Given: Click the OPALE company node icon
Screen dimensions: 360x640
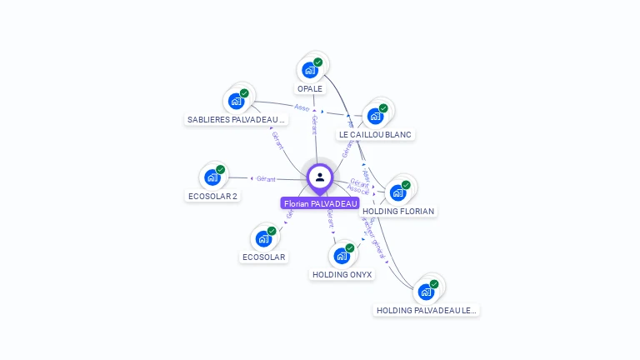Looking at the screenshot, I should pos(309,70).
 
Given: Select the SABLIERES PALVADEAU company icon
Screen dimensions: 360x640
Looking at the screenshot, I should pos(236,102).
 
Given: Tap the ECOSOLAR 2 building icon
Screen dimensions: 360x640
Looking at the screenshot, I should pos(212,177).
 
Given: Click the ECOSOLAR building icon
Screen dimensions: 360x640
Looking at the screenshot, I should pos(263,239).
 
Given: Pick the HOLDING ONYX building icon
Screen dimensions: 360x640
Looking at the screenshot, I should pos(342,256).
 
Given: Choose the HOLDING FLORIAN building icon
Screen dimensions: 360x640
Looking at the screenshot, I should pos(397,192).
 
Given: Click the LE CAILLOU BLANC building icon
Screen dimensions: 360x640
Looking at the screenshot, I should pos(375,116).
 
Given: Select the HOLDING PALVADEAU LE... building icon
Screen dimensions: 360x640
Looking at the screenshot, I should pos(426,292).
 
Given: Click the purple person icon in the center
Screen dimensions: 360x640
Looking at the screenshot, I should pos(320,177).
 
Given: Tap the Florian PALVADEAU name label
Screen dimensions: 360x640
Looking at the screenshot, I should pos(320,203).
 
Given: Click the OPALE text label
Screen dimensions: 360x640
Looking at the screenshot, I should pos(309,88).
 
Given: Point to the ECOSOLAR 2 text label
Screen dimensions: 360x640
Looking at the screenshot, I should pos(212,197).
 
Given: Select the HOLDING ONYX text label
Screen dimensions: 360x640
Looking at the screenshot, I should pos(342,274).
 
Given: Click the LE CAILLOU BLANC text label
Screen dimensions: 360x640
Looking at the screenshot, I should pos(375,134).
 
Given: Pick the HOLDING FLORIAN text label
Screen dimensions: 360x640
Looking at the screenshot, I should pos(398,212).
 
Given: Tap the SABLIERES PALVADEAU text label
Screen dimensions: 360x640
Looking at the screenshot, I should pos(236,120).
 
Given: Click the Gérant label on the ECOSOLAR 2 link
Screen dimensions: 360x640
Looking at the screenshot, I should pos(266,178).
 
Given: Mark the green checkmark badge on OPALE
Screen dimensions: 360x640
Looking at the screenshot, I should pos(317,62).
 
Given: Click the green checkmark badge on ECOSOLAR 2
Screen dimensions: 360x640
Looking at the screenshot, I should pos(220,169).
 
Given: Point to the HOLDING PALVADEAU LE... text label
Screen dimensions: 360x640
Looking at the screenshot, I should pos(427,310).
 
